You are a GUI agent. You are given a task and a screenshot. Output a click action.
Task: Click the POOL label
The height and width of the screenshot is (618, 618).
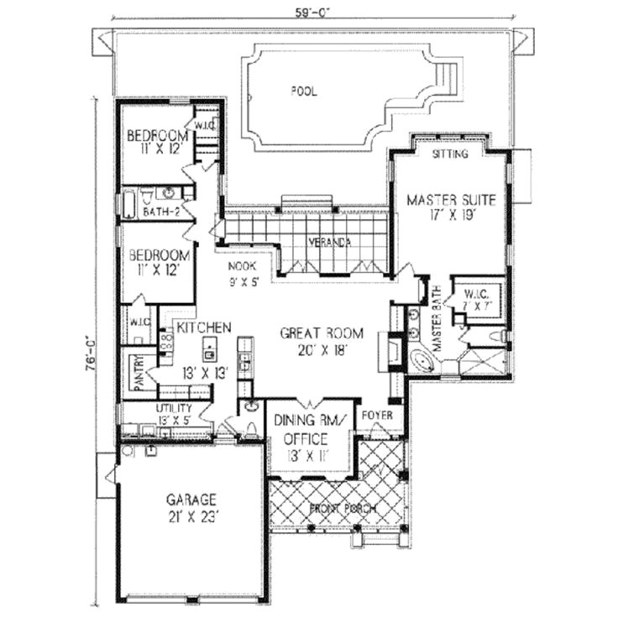pyautogui.click(x=304, y=91)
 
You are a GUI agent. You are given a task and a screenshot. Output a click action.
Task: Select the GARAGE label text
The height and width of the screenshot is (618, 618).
pyautogui.click(x=192, y=497)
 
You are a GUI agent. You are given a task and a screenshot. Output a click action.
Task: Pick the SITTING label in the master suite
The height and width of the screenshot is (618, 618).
pyautogui.click(x=449, y=154)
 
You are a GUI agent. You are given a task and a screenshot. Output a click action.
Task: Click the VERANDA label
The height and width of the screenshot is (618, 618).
pyautogui.click(x=328, y=242)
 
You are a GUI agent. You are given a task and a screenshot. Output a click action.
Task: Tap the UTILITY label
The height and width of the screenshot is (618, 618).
pyautogui.click(x=175, y=408)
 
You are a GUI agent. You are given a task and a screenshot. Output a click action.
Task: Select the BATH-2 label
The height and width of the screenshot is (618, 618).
pyautogui.click(x=160, y=212)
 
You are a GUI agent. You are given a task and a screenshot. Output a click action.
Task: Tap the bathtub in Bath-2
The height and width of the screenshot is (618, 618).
pyautogui.click(x=129, y=203)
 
